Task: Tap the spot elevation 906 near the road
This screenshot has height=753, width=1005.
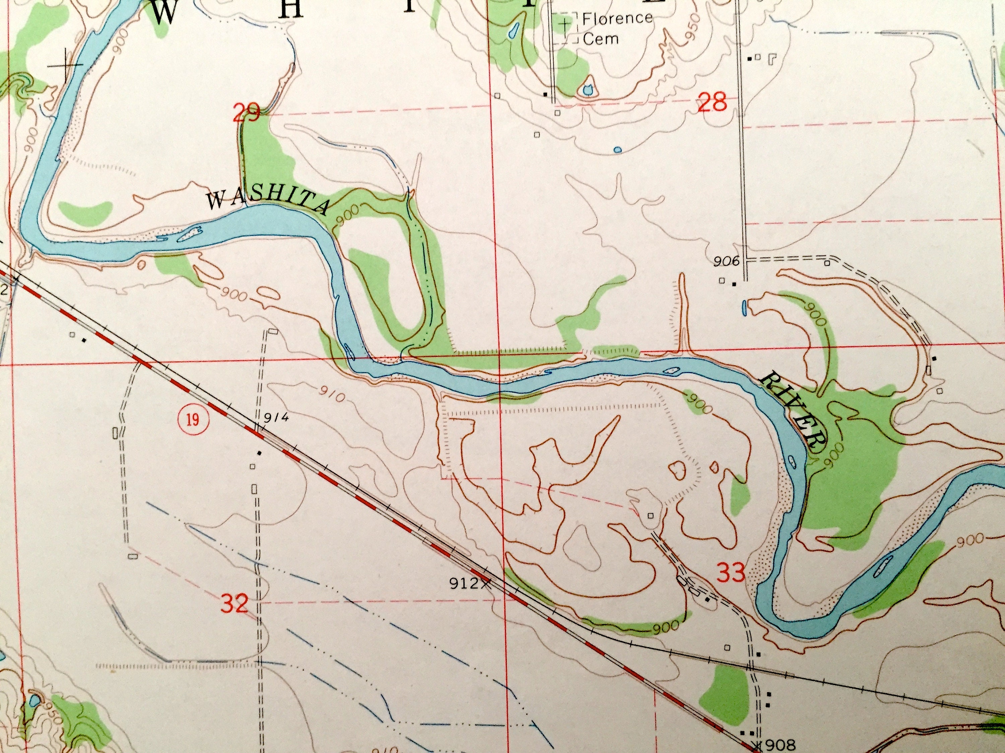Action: [x=727, y=261]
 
